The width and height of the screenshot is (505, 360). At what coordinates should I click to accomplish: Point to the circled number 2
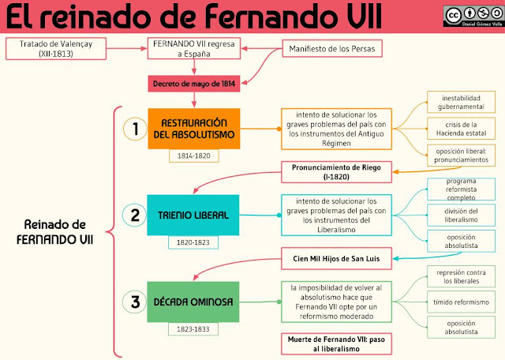coord(136,215)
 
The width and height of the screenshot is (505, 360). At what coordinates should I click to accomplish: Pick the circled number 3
coord(136,301)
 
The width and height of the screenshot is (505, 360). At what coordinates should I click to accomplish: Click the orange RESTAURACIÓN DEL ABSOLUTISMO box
coord(193,129)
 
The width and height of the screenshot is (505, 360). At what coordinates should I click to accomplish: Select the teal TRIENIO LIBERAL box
coord(193,215)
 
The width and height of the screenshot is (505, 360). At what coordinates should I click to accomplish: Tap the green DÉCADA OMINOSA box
coord(193,301)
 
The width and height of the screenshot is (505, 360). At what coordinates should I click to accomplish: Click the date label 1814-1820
coord(193,156)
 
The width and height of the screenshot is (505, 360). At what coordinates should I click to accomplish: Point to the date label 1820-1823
coord(193,242)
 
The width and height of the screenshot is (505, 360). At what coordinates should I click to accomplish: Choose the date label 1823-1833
coord(193,328)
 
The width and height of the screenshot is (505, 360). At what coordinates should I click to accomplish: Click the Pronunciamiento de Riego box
coord(337,170)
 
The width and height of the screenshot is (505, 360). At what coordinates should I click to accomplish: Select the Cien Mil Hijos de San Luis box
coord(337,257)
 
